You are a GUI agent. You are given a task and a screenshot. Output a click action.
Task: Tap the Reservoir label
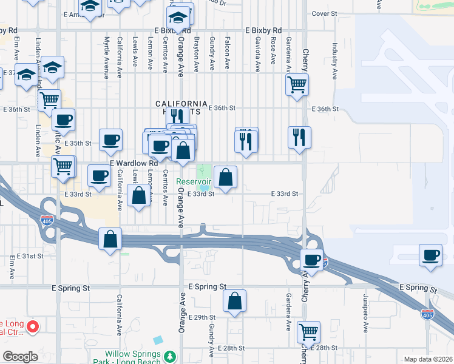(x=194, y=181)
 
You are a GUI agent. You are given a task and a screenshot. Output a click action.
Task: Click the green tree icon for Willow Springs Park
(x=171, y=355)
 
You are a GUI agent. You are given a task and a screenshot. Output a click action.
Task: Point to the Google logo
(x=21, y=357)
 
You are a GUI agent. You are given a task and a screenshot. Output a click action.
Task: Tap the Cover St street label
(x=324, y=13)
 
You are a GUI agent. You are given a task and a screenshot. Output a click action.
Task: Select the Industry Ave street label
(x=334, y=61)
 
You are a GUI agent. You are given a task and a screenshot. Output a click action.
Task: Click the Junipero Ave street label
(x=366, y=312)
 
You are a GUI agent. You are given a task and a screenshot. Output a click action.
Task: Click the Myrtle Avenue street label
(x=106, y=58)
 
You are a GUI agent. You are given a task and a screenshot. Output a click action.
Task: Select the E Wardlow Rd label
(x=134, y=164)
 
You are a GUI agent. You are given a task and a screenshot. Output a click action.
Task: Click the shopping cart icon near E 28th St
(x=309, y=331)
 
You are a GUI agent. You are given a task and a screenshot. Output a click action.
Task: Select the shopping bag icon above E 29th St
(x=234, y=301)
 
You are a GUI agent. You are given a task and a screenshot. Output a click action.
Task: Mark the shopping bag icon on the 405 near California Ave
(x=110, y=238)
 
